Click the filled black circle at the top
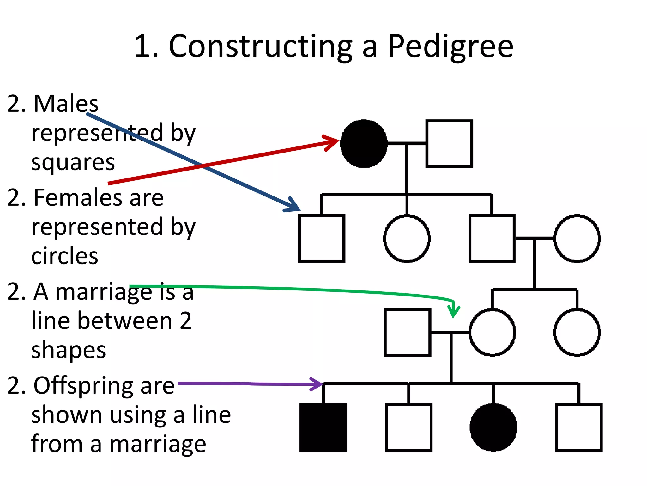[364, 143]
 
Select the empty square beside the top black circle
[449, 143]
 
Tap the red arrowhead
[332, 142]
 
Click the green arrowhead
[454, 311]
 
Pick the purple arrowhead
[317, 384]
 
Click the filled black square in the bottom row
[323, 427]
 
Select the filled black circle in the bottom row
[493, 427]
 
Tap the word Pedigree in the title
[450, 47]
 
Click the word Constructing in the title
[261, 47]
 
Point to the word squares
[73, 163]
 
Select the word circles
[65, 256]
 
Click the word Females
[76, 198]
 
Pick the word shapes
[69, 350]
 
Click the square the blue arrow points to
[321, 239]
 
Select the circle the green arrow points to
[492, 332]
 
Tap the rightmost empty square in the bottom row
[578, 427]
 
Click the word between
[125, 321]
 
